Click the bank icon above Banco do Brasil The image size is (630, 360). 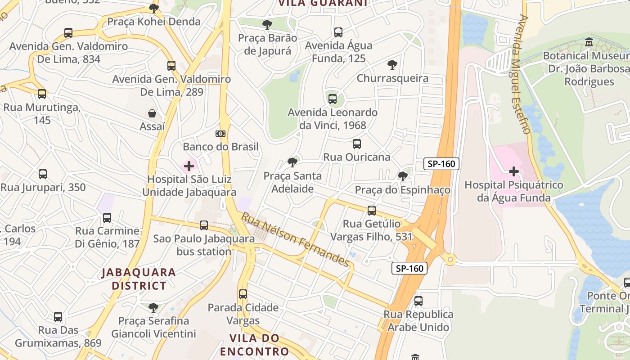click(x=220, y=134)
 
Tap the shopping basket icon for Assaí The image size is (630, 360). click(x=152, y=113)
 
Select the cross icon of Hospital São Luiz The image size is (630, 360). click(x=189, y=166)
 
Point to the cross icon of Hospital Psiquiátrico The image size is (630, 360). click(x=513, y=171)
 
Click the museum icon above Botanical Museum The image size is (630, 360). click(x=589, y=42)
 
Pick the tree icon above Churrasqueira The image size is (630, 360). click(x=392, y=65)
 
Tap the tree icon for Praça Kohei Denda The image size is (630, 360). click(x=154, y=8)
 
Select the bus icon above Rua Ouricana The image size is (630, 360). click(x=357, y=144)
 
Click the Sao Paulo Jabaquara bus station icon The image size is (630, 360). click(x=204, y=225)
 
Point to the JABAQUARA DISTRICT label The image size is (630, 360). click(x=139, y=279)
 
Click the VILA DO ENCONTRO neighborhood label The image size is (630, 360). click(x=254, y=344)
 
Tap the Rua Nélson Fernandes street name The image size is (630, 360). click(x=295, y=240)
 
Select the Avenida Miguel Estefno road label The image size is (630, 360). click(x=523, y=74)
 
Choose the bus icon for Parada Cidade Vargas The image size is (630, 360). click(x=243, y=294)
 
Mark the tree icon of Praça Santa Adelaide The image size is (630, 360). click(x=292, y=162)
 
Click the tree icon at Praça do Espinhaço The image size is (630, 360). click(x=403, y=176)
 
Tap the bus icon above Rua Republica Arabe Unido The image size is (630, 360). click(x=418, y=301)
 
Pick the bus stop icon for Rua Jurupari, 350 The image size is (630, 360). click(x=43, y=174)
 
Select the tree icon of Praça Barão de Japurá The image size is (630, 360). click(x=267, y=24)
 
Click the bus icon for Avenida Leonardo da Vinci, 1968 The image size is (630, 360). click(x=333, y=99)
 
